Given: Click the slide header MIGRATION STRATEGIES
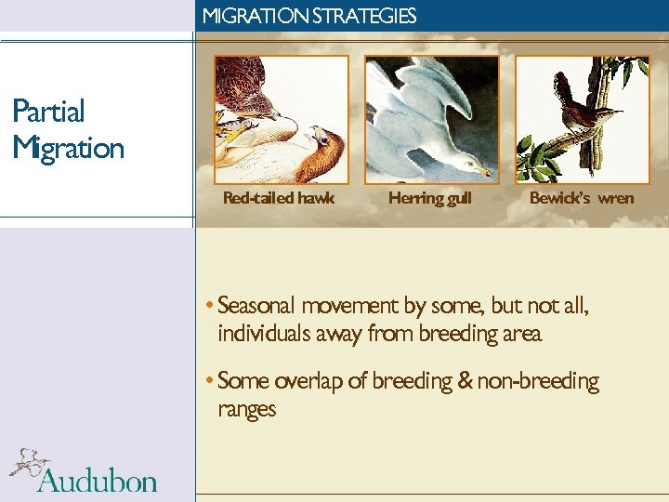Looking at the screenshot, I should point(308,16).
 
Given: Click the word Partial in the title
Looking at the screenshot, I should point(48,112).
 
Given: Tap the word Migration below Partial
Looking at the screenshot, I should point(68,148).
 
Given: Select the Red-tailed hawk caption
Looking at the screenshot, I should point(279,198).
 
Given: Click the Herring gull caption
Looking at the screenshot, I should point(429,198).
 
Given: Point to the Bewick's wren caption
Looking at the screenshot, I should point(581,198).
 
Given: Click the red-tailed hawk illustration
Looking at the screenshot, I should point(281,119).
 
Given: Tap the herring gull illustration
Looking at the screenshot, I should point(431,119).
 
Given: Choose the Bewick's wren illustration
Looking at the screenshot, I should point(582,119).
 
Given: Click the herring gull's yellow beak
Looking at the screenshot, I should point(483,171).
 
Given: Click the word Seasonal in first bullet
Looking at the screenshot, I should point(256,306).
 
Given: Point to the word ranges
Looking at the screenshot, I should point(246,409).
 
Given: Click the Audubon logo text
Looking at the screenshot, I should point(97,480).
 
